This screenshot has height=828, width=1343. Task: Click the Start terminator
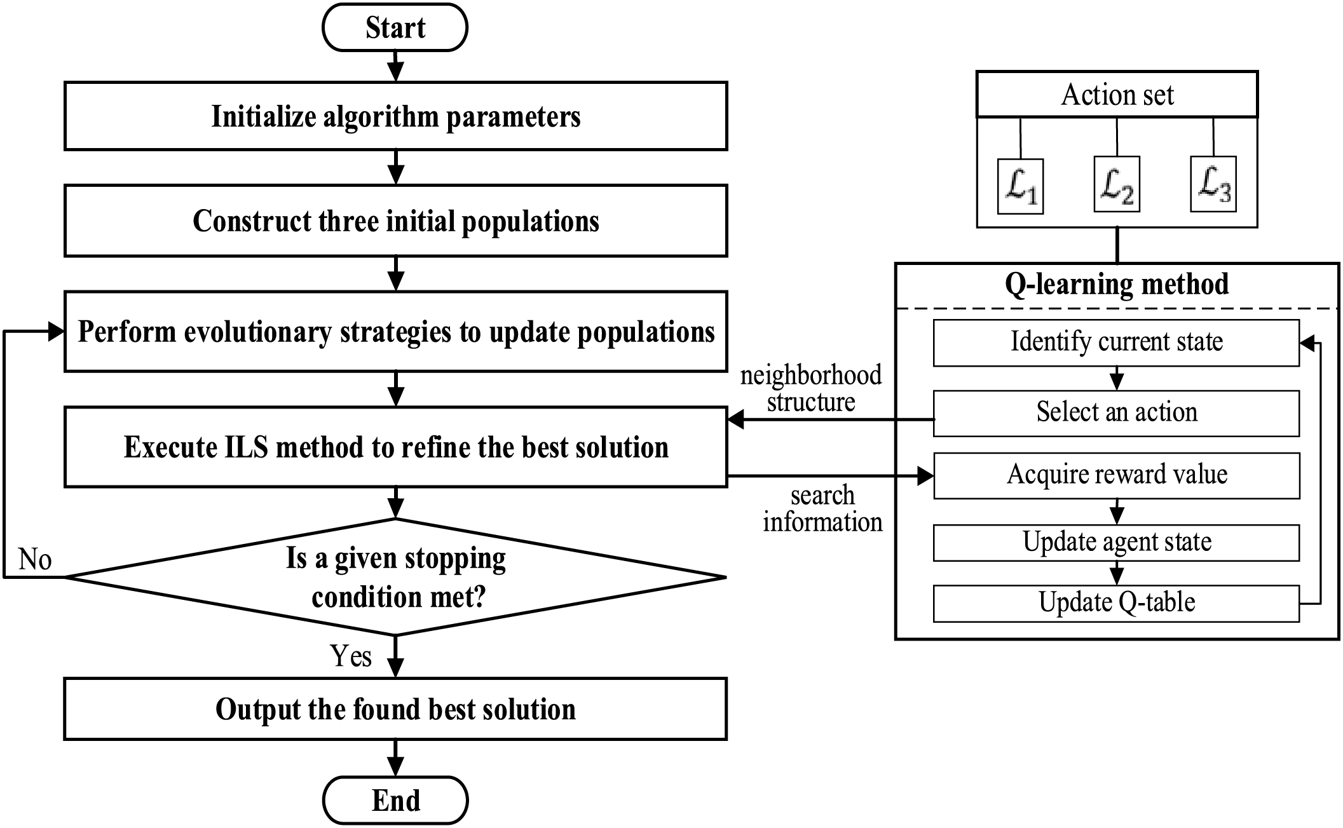[x=395, y=28]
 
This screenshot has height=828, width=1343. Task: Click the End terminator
[x=395, y=800]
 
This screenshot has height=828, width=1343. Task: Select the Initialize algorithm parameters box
[x=395, y=116]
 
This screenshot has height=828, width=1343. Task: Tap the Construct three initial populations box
[x=395, y=221]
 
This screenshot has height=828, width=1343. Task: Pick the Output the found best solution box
[x=395, y=709]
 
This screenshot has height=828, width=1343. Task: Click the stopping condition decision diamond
[x=395, y=577]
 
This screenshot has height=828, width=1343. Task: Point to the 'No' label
[x=35, y=560]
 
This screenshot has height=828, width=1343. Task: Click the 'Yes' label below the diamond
[x=351, y=656]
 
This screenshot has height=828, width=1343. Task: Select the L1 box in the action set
[x=1020, y=186]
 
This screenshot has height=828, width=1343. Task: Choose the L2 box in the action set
[x=1116, y=185]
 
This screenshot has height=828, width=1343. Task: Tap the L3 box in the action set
[x=1213, y=184]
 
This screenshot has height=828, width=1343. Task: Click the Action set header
[x=1117, y=95]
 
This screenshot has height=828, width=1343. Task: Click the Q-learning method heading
[x=1117, y=284]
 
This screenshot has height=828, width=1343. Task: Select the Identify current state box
[x=1116, y=342]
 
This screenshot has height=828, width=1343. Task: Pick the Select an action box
[x=1116, y=412]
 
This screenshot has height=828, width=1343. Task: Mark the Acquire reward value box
[x=1116, y=475]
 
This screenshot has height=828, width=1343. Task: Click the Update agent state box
[x=1116, y=542]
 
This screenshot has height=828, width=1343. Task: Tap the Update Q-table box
[x=1116, y=602]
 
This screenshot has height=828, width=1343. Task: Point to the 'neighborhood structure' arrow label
[x=810, y=388]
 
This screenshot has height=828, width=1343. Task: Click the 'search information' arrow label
[x=822, y=509]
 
